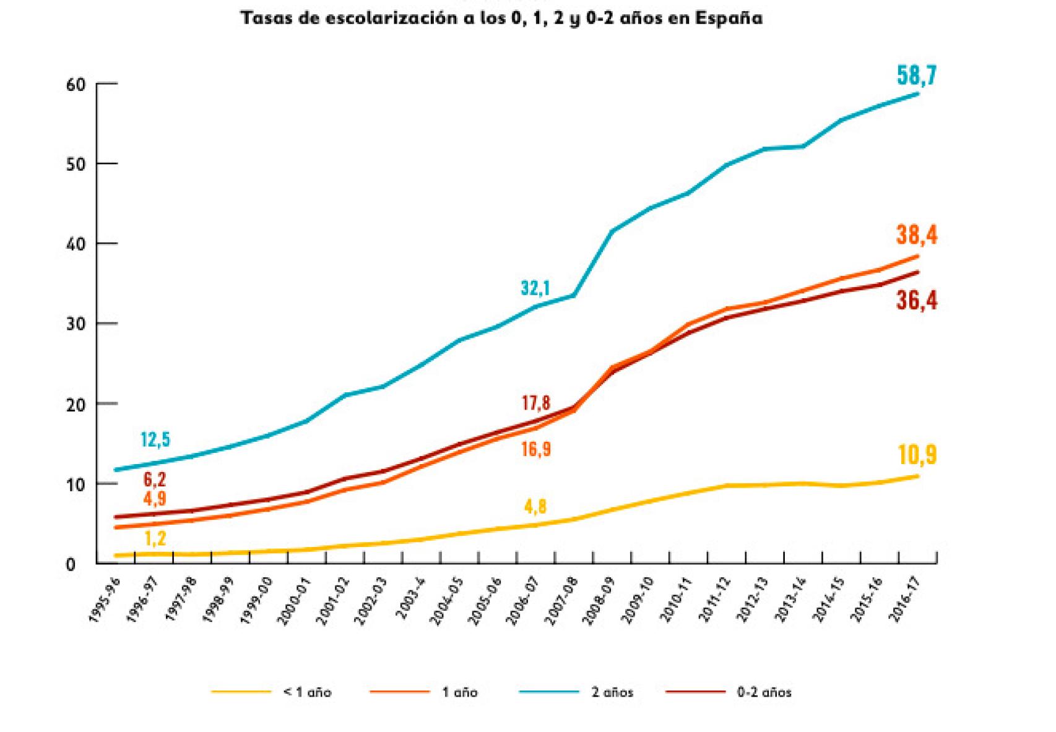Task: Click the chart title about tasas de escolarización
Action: click(501, 18)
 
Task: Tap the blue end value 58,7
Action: click(916, 75)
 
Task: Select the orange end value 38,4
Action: click(916, 235)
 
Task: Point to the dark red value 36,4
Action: click(917, 301)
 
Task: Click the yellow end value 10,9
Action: click(917, 455)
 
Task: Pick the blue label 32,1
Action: click(535, 288)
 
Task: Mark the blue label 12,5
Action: click(155, 440)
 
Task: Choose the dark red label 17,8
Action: click(536, 403)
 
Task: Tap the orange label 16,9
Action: click(536, 449)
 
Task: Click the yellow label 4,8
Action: click(535, 507)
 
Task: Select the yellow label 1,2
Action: click(155, 538)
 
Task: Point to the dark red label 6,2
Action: click(155, 480)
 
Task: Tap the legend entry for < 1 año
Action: click(307, 692)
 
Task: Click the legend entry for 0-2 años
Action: click(764, 692)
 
